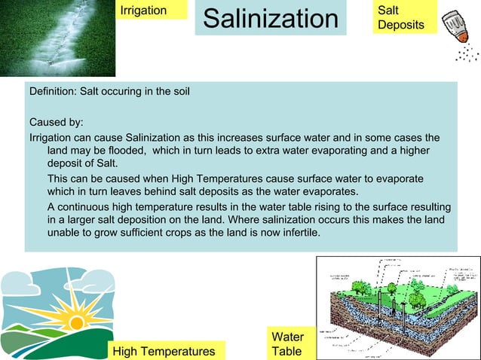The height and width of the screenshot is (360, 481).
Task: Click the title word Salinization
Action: [271, 20]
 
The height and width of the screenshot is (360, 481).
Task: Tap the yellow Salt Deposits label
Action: [400, 18]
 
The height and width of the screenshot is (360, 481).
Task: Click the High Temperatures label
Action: [164, 351]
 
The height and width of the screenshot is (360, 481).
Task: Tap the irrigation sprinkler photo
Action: [57, 38]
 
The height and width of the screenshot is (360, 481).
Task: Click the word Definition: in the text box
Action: [53, 92]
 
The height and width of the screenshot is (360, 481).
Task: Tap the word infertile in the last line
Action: [299, 233]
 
